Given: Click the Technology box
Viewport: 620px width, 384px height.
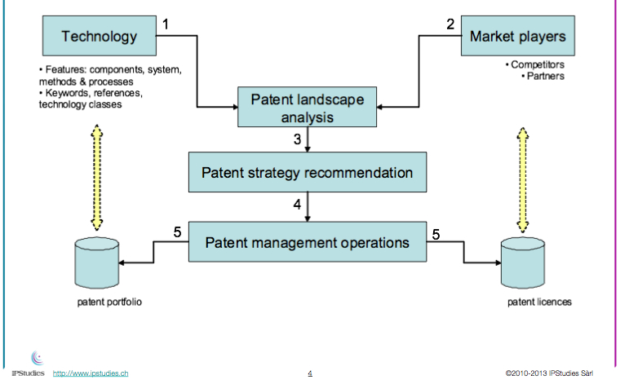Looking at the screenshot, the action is (100, 36).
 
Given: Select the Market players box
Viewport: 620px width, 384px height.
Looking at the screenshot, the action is (518, 36).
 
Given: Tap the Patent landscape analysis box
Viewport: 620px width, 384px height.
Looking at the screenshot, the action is (308, 107).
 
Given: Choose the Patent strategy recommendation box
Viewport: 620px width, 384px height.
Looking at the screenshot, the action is (308, 172).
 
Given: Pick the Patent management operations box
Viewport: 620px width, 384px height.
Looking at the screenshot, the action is (308, 242).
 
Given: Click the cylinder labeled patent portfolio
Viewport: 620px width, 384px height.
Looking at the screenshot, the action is (97, 263).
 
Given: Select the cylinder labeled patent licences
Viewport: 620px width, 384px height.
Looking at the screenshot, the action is (523, 263).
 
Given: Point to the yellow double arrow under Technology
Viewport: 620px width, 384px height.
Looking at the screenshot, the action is (97, 178).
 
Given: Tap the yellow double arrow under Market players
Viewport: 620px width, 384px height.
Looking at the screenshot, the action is (523, 179).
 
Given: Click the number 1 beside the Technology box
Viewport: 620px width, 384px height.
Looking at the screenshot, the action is (166, 24).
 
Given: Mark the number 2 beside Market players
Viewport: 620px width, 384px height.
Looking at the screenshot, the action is (450, 24).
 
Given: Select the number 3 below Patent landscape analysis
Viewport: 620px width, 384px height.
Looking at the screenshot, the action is (297, 139).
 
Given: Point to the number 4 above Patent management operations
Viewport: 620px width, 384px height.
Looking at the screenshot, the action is (297, 205).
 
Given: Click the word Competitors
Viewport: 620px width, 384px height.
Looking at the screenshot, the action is (538, 64).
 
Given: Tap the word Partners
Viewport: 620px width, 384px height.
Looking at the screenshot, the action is (546, 76).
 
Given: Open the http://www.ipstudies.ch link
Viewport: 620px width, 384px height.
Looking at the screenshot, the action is (91, 373).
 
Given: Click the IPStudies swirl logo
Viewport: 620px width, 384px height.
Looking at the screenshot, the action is (38, 358).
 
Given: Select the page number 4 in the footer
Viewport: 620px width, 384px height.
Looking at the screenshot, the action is (310, 373).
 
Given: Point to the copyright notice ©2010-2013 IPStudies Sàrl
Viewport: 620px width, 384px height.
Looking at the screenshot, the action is (549, 373).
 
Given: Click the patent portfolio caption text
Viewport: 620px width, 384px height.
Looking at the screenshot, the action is (109, 302).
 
